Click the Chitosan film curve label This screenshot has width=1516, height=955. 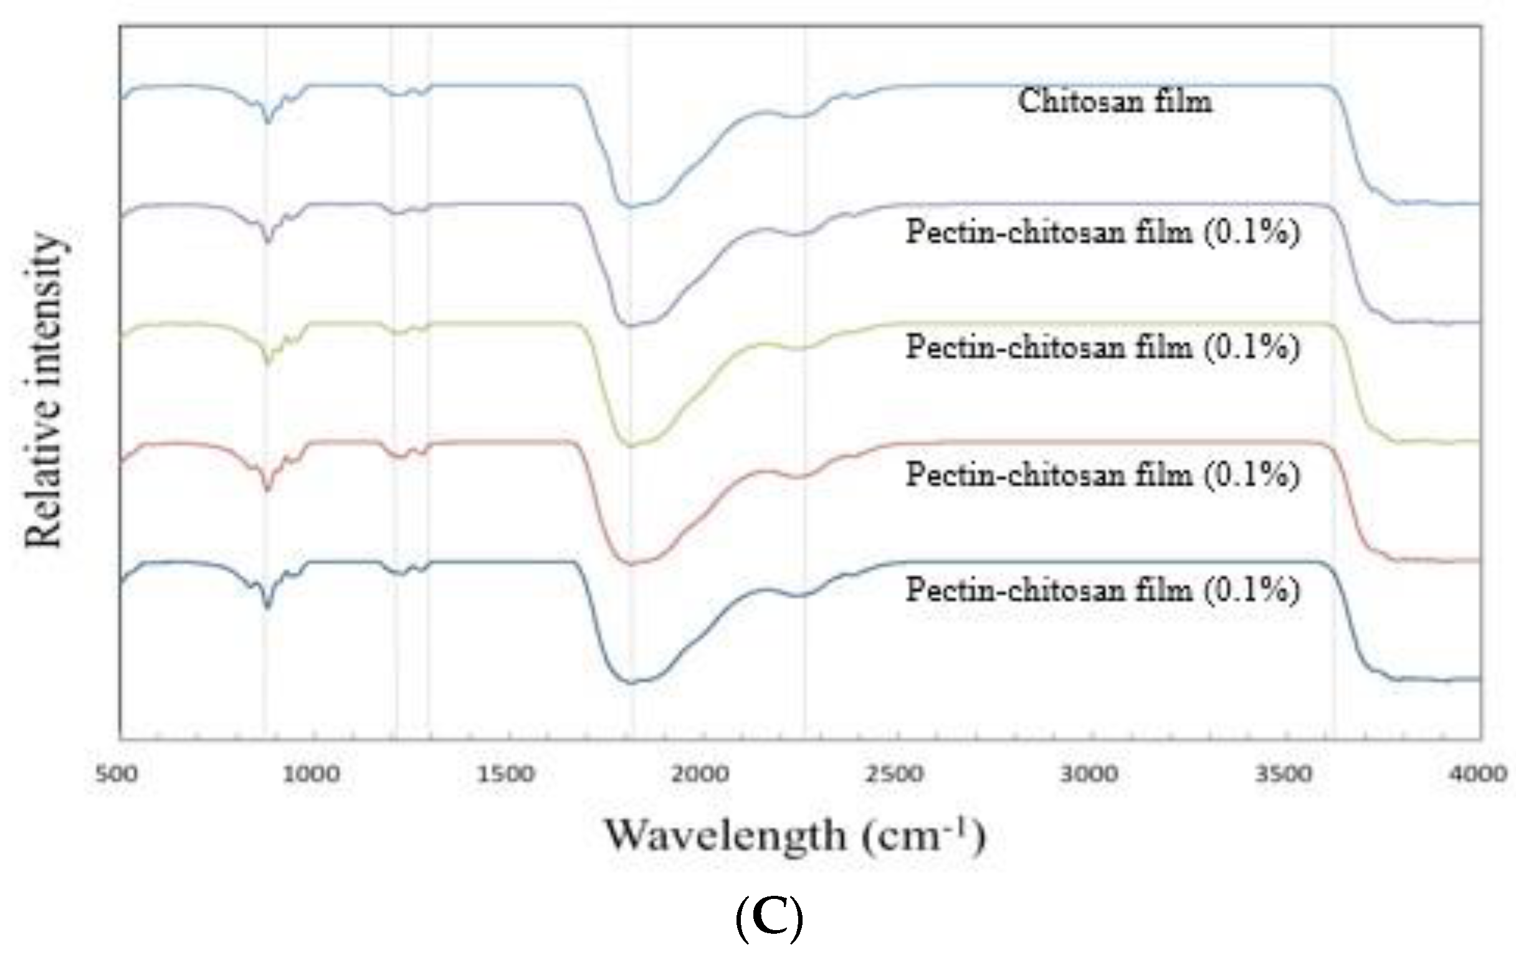click(1114, 102)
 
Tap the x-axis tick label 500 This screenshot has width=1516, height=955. click(117, 773)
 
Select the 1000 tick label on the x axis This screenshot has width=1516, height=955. click(311, 773)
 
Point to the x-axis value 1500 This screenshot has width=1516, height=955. click(505, 773)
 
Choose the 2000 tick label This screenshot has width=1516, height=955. click(700, 773)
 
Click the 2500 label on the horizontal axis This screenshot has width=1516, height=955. click(895, 773)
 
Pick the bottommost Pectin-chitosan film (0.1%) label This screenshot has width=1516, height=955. click(1102, 590)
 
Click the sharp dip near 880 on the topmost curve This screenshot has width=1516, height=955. click(268, 122)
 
